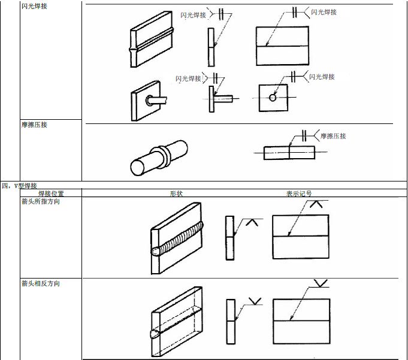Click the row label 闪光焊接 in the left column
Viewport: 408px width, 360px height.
[34, 6]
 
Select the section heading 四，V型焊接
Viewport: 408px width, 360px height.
[20, 186]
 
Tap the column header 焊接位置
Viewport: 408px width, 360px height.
[51, 193]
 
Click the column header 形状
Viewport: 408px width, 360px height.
[176, 193]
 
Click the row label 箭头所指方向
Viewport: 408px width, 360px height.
[40, 202]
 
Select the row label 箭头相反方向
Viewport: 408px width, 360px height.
[40, 283]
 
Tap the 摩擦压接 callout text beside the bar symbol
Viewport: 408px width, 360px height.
[333, 137]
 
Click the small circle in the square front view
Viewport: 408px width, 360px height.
[273, 98]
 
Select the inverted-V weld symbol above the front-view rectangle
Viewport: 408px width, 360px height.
[317, 205]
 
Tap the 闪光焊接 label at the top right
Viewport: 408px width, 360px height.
[324, 12]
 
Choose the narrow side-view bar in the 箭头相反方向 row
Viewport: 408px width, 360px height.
[231, 322]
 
